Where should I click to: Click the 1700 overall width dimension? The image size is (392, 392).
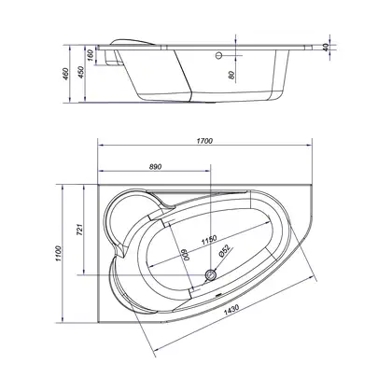[x=204, y=141]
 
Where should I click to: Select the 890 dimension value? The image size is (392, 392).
[x=156, y=167]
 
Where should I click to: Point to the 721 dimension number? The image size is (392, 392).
[x=80, y=230]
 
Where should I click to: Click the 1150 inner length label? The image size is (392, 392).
[x=208, y=240]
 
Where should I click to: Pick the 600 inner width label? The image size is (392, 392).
[x=186, y=256]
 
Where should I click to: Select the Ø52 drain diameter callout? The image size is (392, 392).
[x=224, y=251]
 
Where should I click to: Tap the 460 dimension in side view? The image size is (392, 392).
[x=66, y=74]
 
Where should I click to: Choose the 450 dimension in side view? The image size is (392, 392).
[x=81, y=73]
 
